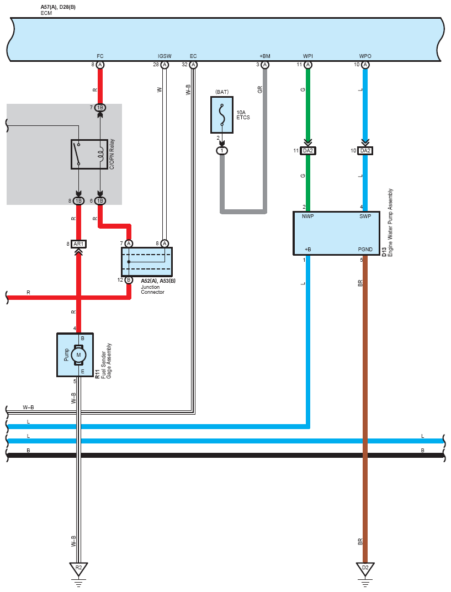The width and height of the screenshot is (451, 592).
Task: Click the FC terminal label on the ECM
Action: [100, 56]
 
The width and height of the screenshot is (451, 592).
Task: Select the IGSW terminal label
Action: [165, 56]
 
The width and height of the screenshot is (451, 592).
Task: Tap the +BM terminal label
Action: [265, 56]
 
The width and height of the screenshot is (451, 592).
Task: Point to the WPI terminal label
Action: [308, 56]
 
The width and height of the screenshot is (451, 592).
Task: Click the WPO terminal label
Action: [365, 56]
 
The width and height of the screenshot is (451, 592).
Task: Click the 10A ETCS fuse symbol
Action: [222, 115]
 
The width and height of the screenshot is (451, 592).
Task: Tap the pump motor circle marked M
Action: [78, 355]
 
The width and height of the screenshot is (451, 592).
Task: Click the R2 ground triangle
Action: [78, 569]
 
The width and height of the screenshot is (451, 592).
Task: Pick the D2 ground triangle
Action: [365, 569]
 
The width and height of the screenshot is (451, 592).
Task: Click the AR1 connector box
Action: [78, 244]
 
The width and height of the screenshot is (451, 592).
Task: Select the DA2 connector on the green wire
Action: [308, 151]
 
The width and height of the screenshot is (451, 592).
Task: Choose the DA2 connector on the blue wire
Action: [365, 151]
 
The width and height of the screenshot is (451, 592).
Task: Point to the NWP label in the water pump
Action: [307, 216]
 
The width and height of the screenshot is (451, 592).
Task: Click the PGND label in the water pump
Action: [365, 250]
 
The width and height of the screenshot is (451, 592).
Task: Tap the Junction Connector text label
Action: [152, 289]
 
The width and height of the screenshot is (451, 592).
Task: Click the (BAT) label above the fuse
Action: [222, 92]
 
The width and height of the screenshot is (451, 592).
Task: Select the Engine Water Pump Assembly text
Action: [390, 223]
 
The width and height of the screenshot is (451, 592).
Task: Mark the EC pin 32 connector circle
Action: [193, 65]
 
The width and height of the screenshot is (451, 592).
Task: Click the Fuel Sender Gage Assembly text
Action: [106, 361]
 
